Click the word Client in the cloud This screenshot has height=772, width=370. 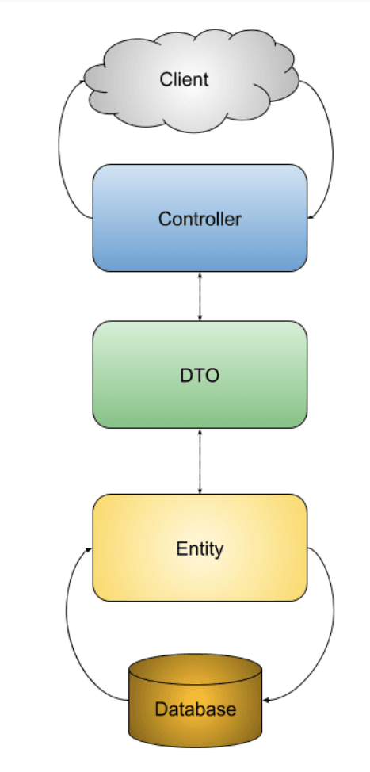click(184, 79)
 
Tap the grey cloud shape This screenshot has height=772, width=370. click(192, 80)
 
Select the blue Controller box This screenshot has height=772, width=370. click(200, 218)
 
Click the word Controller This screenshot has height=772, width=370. click(200, 219)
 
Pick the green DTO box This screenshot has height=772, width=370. click(200, 375)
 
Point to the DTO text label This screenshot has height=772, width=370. click(200, 376)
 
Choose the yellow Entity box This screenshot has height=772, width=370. click(200, 548)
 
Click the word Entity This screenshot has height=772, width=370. click(200, 548)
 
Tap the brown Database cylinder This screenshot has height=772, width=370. click(196, 701)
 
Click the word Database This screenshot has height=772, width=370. click(196, 709)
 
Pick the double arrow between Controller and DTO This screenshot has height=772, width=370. click(200, 296)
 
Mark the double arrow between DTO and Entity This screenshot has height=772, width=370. click(200, 461)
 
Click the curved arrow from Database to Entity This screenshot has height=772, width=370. click(67, 625)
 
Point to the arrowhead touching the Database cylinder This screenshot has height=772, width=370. click(265, 700)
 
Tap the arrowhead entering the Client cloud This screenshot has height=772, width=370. click(85, 82)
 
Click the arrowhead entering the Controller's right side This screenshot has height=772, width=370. click(311, 216)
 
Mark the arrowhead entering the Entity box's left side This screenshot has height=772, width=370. click(90, 549)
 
